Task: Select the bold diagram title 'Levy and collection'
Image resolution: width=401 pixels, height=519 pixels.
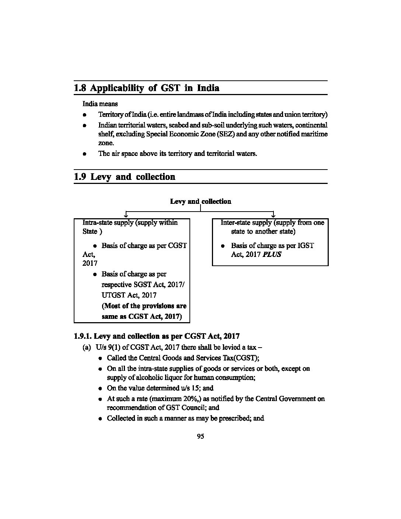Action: point(200,201)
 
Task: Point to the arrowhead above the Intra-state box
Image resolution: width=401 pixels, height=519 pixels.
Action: point(126,215)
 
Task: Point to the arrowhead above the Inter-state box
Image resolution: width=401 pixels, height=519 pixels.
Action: point(273,215)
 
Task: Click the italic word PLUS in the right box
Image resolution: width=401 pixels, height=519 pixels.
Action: point(272,254)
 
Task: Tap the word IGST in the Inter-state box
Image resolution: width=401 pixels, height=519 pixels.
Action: point(306,245)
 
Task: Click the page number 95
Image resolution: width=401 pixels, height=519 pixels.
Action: point(200,436)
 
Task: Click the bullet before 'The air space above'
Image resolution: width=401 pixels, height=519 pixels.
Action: point(84,154)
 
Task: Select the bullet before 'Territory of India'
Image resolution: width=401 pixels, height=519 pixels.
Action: point(84,115)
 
